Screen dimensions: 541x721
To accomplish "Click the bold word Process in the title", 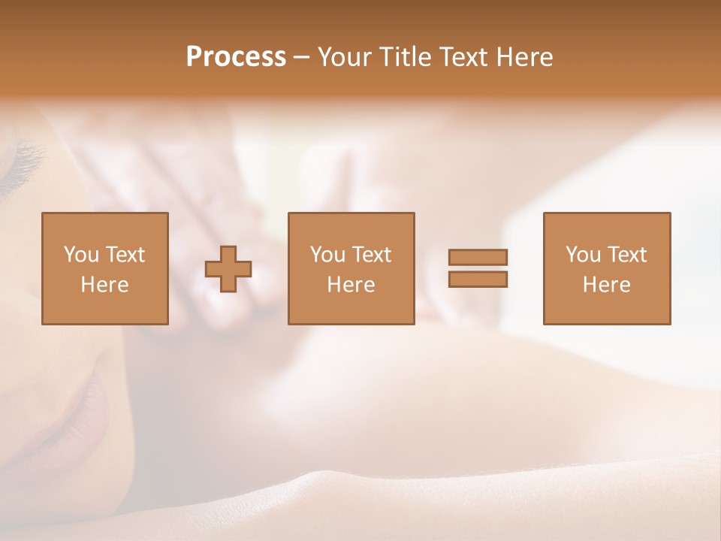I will pos(236,57).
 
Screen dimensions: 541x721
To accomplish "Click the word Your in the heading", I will pos(345,57).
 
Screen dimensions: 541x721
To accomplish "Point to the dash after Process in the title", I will pos(301,58).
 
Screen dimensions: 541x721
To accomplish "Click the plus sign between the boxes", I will pos(228,269).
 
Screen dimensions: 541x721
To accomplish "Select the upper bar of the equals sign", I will pos(478,257).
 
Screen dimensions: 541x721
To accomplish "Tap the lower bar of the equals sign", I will pos(478,280).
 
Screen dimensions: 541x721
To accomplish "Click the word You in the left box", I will pos(80,255).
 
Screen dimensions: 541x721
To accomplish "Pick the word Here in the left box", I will pos(104,285).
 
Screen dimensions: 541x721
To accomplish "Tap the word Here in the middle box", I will pos(351,285).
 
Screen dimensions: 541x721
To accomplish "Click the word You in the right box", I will pos(583,255).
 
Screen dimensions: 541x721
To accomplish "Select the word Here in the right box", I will pos(606,285).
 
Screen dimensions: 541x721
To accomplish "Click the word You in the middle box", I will pos(327,255).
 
